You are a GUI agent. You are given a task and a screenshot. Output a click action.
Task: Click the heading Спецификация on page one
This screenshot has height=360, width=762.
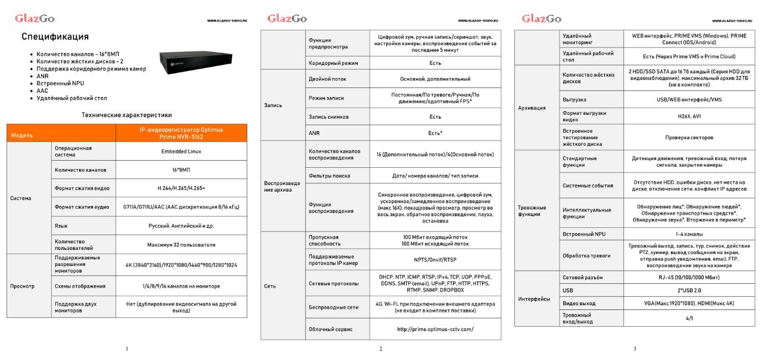[x=55, y=37]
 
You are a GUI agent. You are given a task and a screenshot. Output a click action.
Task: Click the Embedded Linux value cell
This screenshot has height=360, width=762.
[x=181, y=151]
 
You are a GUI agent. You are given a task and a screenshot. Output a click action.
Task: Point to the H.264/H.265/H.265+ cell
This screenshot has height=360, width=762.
[x=181, y=188]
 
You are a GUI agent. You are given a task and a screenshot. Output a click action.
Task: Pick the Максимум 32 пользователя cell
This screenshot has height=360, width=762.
[x=181, y=244]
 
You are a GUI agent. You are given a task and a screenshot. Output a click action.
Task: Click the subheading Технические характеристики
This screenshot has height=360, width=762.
[x=127, y=115]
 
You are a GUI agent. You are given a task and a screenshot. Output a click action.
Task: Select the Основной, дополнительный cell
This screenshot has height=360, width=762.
[x=435, y=79]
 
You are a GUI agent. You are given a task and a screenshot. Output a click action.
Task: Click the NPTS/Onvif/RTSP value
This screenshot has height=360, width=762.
[x=435, y=259]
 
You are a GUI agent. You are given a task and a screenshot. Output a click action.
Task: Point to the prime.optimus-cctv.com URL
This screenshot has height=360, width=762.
[x=435, y=328]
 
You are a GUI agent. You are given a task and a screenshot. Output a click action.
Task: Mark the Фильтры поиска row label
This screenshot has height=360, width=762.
[x=329, y=176]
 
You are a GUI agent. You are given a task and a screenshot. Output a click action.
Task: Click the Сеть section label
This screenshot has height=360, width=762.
[x=270, y=286]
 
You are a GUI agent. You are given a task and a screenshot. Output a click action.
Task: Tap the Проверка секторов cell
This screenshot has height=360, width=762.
[x=689, y=137]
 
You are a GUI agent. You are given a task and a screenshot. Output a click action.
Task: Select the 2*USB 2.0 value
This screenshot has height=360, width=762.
[x=689, y=290]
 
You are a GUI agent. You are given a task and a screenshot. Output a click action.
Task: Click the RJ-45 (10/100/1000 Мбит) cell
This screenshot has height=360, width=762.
[x=689, y=277]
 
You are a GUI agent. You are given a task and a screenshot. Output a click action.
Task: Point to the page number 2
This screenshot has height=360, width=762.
[x=380, y=349]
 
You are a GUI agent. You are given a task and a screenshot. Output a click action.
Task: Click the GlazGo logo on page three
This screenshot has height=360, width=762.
[x=541, y=18]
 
